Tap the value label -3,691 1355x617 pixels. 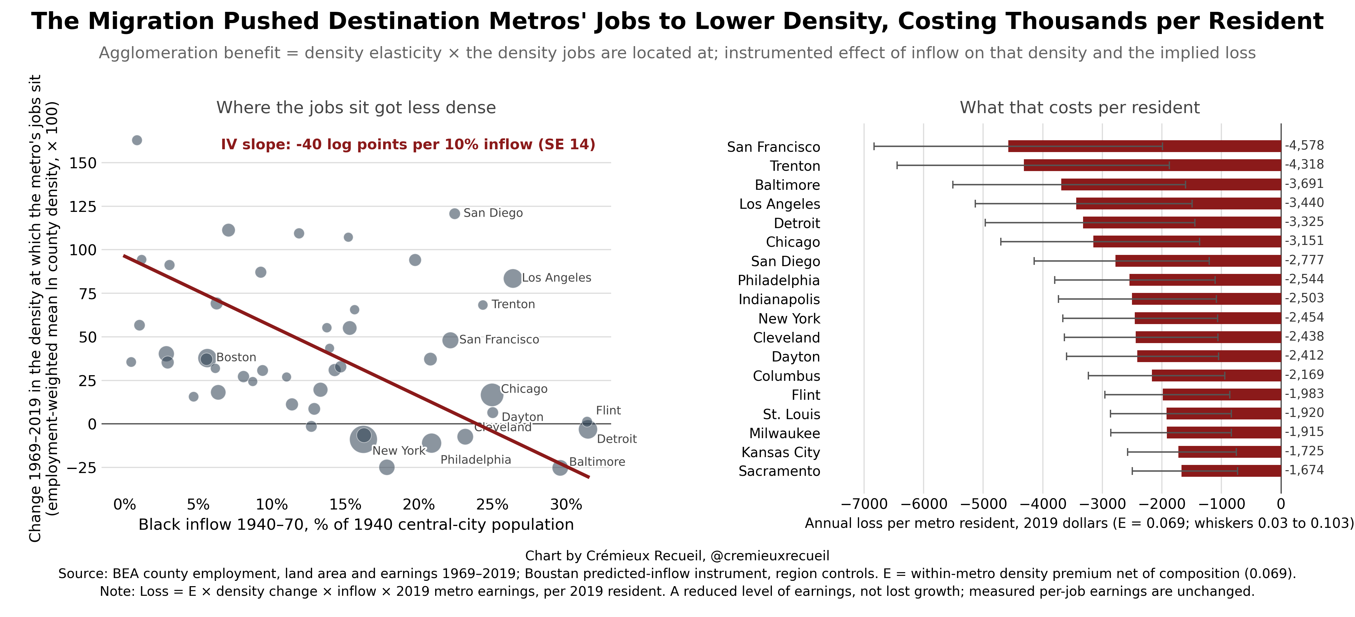1304,184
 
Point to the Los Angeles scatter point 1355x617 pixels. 512,278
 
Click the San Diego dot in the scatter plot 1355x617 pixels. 454,213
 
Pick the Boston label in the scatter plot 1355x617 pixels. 236,357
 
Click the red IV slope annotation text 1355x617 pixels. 408,145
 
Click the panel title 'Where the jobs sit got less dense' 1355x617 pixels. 356,107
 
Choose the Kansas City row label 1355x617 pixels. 781,452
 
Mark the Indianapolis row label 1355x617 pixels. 779,299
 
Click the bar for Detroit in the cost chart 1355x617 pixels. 1182,222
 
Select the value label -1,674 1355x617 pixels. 1304,470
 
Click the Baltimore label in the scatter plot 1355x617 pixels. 597,462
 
